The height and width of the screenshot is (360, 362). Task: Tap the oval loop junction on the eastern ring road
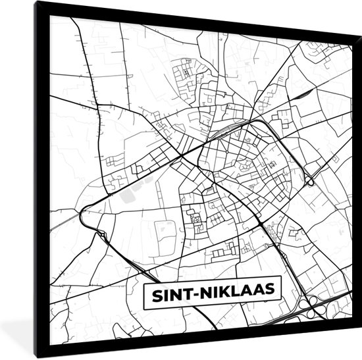click(307, 180)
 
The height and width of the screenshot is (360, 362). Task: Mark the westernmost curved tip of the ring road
click(81, 215)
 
